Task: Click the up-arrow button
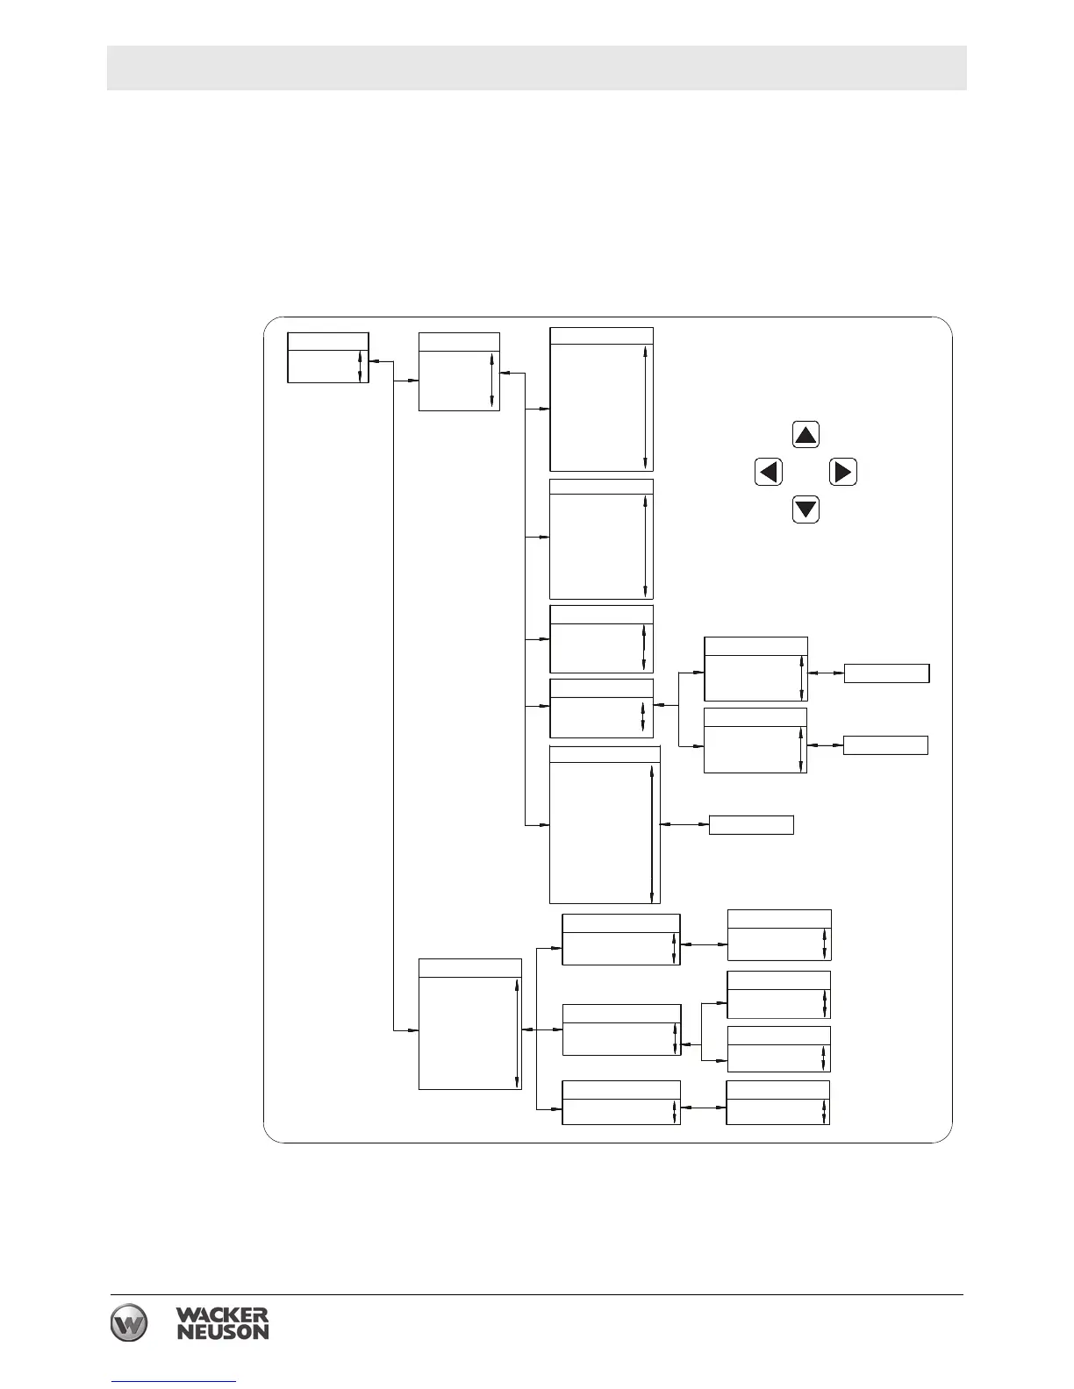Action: coord(805,435)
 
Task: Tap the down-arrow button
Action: coord(805,509)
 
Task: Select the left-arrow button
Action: coord(769,473)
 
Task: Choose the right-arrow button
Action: coord(842,473)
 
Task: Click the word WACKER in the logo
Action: coord(222,1316)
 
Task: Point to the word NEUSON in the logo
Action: coord(222,1332)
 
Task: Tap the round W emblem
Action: coord(129,1323)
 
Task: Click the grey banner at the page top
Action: coord(536,68)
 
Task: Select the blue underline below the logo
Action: coord(174,1382)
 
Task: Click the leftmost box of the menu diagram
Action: coord(327,358)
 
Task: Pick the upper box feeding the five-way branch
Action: coord(459,372)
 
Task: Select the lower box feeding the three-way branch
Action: coord(469,1024)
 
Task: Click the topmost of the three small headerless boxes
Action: coord(885,673)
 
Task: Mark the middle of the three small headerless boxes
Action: coord(884,745)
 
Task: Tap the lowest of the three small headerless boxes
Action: coord(751,824)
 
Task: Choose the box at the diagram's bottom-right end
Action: coord(777,1102)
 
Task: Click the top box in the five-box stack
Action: coord(601,399)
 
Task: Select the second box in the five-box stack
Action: coord(601,539)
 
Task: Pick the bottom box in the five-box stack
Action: coord(604,824)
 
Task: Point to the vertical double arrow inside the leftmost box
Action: coord(361,367)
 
